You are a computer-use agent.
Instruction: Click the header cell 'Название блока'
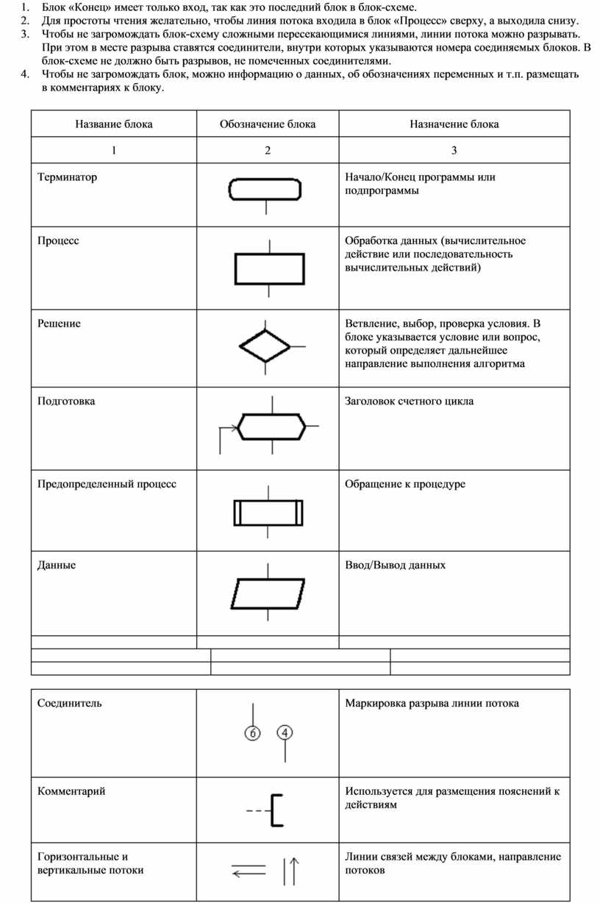point(114,124)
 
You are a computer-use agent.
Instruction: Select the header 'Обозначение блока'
point(268,124)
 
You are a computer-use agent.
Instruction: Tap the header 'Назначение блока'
point(454,124)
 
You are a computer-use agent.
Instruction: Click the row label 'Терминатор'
point(67,177)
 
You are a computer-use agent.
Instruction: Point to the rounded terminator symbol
point(265,189)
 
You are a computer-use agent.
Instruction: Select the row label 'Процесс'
point(58,240)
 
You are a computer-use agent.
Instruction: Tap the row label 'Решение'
point(59,324)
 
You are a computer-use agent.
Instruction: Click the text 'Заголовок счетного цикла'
point(410,401)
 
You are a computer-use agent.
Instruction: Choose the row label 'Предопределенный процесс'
point(107,484)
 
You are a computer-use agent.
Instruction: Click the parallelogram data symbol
point(268,593)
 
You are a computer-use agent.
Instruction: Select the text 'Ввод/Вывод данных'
point(396,565)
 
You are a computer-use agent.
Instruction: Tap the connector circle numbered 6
point(252,733)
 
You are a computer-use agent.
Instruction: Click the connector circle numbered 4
point(285,732)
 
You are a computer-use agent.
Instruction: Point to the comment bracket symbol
point(276,810)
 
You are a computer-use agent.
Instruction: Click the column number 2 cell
point(268,151)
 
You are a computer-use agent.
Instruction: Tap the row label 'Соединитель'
point(70,703)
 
